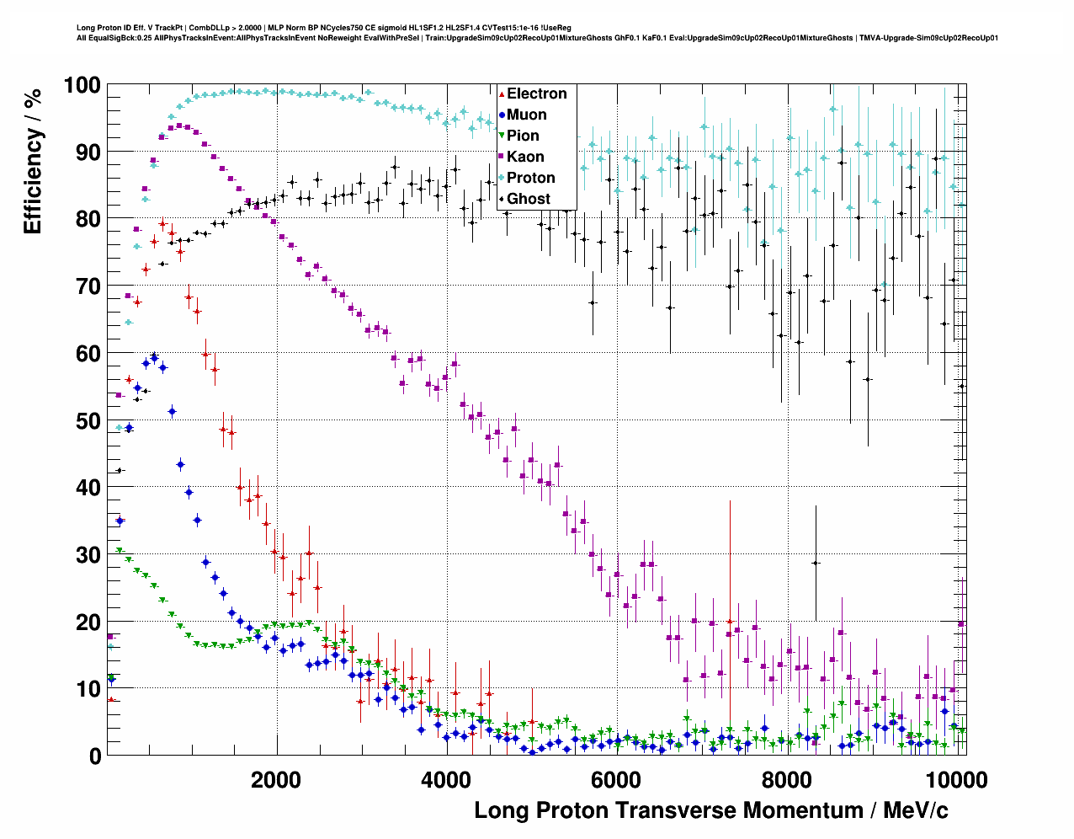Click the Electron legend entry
click(x=536, y=94)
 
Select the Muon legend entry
click(x=526, y=115)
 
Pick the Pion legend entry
click(x=522, y=136)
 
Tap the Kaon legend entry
click(x=524, y=157)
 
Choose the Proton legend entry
click(x=530, y=178)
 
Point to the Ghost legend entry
click(x=528, y=199)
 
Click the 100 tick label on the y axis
click(x=82, y=85)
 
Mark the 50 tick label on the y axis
click(x=88, y=420)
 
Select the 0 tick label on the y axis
click(x=94, y=756)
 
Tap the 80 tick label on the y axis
click(x=88, y=219)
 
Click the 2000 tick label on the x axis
click(x=276, y=779)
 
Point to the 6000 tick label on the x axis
click(x=616, y=779)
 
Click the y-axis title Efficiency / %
click(x=32, y=160)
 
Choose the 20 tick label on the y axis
click(x=88, y=622)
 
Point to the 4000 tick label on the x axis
click(x=446, y=779)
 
